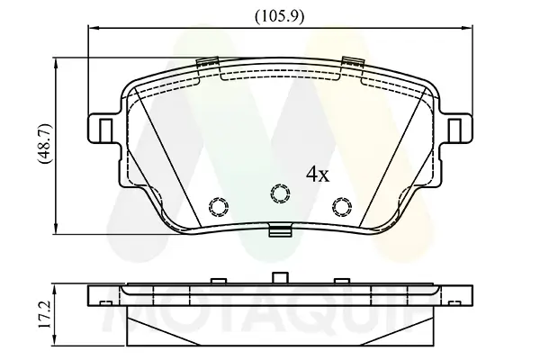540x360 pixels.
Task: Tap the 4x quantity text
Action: click(x=317, y=174)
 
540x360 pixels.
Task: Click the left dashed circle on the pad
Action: click(x=217, y=205)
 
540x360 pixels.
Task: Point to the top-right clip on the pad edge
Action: click(x=352, y=64)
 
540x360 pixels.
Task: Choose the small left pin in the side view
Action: click(x=217, y=280)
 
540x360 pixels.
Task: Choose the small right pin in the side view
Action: click(x=340, y=280)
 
